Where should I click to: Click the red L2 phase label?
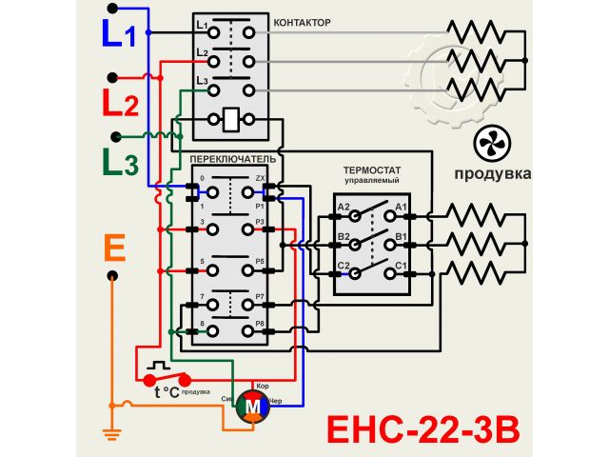tap(121, 102)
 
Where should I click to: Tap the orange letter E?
tap(114, 249)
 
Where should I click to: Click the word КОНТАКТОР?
tap(302, 21)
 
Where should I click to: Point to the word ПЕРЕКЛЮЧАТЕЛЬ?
tap(233, 157)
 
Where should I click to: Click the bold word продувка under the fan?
tap(492, 173)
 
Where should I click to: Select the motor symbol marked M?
tap(253, 404)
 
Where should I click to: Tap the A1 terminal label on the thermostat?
tap(401, 207)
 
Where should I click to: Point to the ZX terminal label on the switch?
tap(260, 179)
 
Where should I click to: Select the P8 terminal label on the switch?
tap(260, 326)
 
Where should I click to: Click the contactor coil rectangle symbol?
tap(232, 121)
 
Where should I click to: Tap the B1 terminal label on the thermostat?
tap(401, 235)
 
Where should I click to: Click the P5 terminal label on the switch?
tap(260, 261)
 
